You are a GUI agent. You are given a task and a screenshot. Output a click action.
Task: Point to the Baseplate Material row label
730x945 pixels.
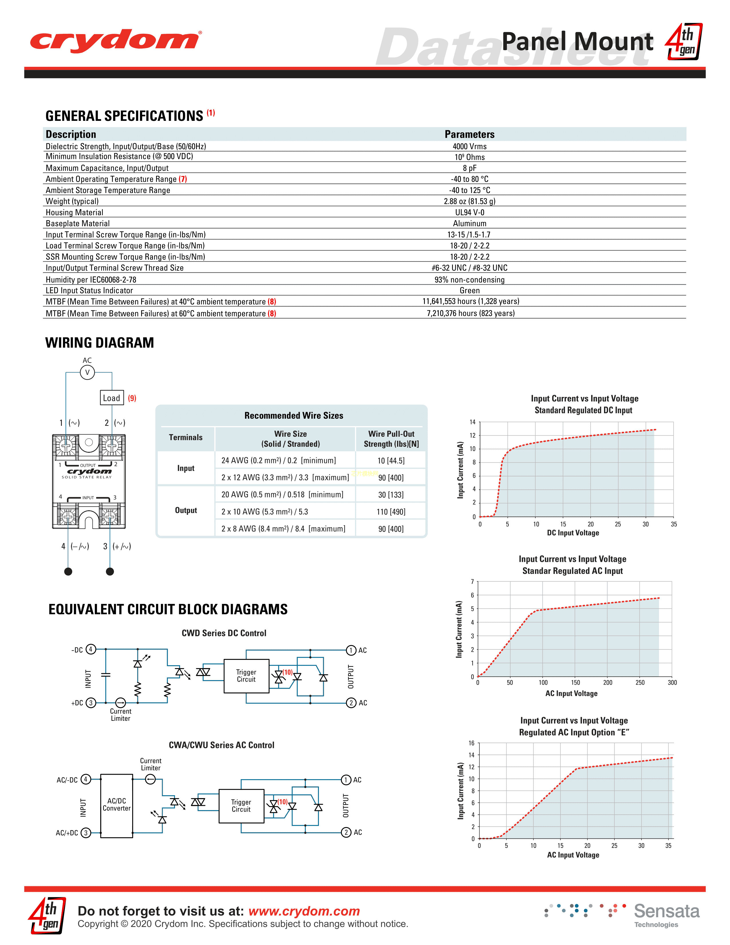(x=78, y=223)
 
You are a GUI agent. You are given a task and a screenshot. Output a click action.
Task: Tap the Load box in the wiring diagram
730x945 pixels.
(x=112, y=398)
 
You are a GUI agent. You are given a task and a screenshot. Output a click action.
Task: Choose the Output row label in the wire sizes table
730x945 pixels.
(x=186, y=511)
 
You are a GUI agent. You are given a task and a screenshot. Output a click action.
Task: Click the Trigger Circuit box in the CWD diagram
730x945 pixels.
(x=246, y=676)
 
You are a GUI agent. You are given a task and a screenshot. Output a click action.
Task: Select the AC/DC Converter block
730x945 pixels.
(x=117, y=805)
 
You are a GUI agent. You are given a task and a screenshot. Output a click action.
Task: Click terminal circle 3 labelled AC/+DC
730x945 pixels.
(x=86, y=833)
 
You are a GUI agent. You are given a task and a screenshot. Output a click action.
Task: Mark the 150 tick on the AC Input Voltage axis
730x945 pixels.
(x=575, y=683)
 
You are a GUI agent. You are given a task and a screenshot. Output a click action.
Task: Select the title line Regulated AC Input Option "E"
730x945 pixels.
(x=574, y=733)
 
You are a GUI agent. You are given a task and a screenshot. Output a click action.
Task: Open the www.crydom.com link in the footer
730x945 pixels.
(x=304, y=911)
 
